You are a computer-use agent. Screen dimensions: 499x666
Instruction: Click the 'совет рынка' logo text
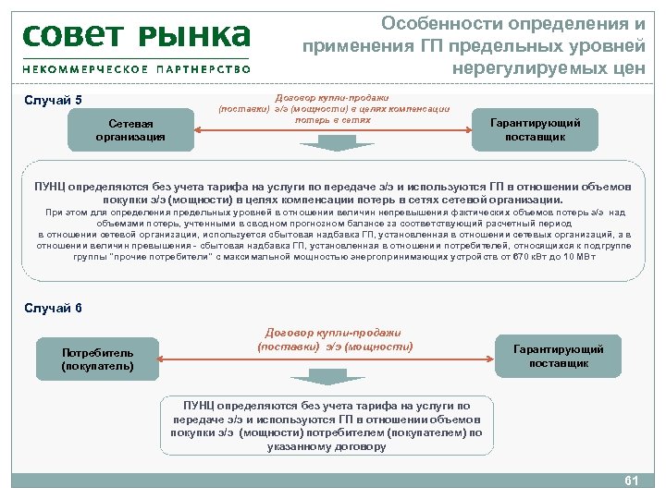(136, 36)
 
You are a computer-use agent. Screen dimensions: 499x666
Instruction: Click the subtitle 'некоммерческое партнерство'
(136, 69)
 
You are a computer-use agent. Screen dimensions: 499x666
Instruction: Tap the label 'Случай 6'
(53, 308)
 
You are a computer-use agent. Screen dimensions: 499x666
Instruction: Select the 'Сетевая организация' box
(129, 130)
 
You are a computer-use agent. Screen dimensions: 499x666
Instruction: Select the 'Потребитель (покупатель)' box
(97, 359)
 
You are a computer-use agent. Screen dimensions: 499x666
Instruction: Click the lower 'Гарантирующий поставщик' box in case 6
(559, 356)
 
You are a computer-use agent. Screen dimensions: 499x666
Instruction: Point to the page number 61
(633, 481)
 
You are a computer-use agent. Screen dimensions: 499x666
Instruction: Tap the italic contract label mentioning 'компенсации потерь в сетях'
(333, 108)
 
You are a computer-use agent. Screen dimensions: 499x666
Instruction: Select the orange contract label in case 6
(333, 339)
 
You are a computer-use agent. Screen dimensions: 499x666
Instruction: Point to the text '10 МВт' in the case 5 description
(576, 256)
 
